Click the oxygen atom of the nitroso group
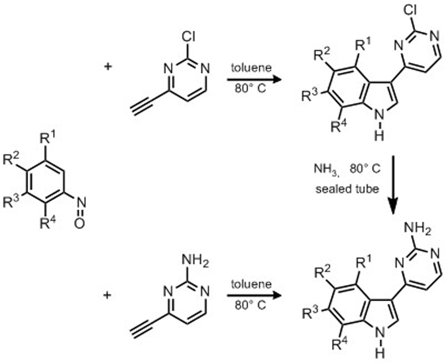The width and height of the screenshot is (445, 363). point(80,224)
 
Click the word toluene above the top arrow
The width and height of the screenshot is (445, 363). point(251,67)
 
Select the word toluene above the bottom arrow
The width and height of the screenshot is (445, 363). point(251,284)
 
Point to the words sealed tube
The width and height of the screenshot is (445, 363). point(347,189)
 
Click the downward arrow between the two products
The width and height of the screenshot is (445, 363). point(392,185)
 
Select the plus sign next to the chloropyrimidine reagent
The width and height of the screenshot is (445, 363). point(107,66)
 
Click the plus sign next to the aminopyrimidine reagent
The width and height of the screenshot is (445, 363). point(107,295)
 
